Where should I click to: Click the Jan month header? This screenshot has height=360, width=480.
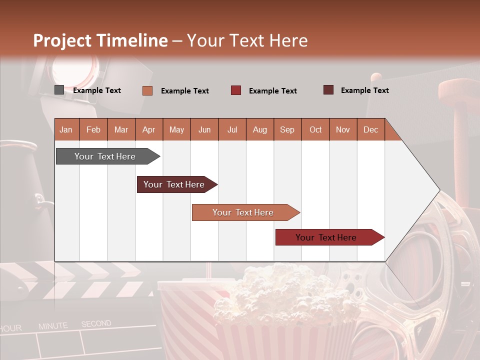pos(66,130)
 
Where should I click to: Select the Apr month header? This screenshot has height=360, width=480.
pos(149,130)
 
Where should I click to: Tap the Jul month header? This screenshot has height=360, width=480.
pos(232,130)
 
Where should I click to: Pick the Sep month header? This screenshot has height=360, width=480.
pos(287,130)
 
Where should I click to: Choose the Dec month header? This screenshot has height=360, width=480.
pos(370,130)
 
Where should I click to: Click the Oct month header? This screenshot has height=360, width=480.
pos(315,130)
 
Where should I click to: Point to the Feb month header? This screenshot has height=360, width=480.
pos(93,130)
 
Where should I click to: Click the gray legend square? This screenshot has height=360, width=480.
pos(59,90)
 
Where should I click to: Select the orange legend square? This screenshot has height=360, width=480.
pos(147,90)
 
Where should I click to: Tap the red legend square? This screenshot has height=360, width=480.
pos(236,90)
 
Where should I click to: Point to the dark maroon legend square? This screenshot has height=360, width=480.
pos(328,90)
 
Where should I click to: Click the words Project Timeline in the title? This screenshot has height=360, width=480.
pos(100,40)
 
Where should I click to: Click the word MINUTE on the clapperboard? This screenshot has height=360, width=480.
pos(53,326)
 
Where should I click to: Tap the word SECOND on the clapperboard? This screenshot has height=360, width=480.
pos(96,324)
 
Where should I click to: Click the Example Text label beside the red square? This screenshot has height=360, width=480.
pos(272,91)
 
